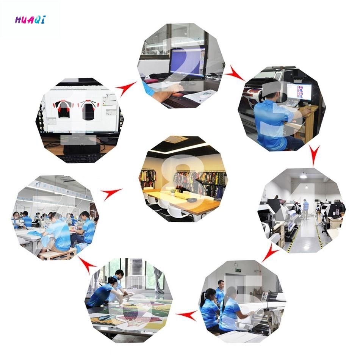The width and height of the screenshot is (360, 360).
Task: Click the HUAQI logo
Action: pos(30,20)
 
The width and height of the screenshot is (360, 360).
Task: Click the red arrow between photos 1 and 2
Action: pos(126,88)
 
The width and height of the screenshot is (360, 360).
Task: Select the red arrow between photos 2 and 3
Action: pos(235,74)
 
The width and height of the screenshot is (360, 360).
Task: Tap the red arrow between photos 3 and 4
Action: pos(314,155)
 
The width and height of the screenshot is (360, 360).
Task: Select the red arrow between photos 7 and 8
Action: pos(111,194)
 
